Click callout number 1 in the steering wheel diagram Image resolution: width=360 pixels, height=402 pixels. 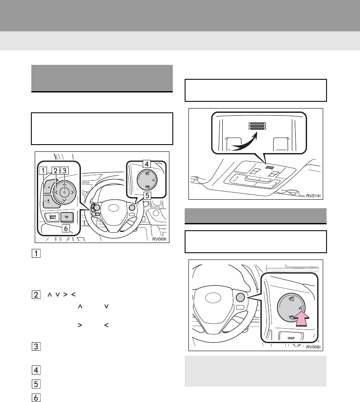43,172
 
